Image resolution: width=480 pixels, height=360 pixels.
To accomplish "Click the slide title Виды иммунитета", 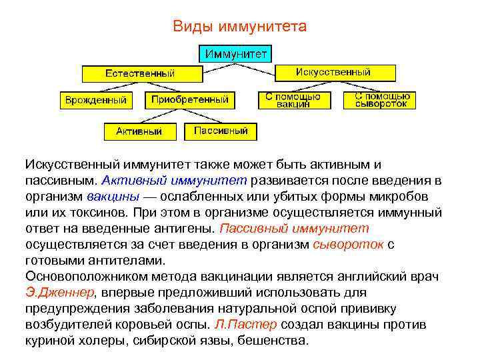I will (239, 26).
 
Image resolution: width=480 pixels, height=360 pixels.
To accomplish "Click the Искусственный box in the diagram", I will (333, 72).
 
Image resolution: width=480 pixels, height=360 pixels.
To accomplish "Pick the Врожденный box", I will (95, 100).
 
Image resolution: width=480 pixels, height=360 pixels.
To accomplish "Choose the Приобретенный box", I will (189, 100).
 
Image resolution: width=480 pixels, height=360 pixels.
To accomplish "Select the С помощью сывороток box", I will (379, 100).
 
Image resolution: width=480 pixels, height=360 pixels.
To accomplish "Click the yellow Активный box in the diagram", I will (139, 131).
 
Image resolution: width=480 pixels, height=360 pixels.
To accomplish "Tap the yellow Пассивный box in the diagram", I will (221, 131).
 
